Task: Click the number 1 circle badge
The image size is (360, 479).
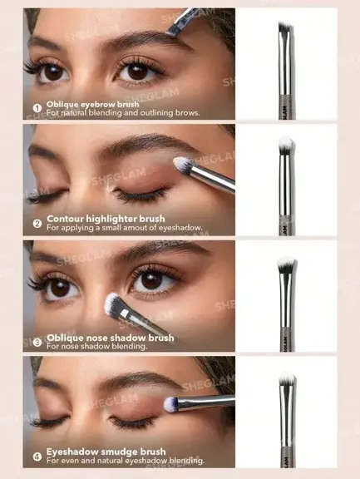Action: (37, 108)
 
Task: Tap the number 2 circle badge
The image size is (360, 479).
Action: (37, 224)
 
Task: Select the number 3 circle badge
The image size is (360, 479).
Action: (37, 342)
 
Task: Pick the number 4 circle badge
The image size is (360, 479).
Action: (37, 457)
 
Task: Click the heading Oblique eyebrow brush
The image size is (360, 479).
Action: (93, 105)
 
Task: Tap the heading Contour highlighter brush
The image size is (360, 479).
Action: (106, 219)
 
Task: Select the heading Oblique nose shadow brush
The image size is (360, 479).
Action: (111, 338)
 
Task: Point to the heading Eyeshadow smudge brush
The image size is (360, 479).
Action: (106, 452)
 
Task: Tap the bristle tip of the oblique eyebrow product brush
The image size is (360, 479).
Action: (286, 27)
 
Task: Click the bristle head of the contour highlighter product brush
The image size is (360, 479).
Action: (286, 144)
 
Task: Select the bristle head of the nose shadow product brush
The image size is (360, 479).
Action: (287, 264)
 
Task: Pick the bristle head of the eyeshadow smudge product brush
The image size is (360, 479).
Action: (287, 380)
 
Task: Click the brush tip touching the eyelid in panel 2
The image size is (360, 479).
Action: (182, 165)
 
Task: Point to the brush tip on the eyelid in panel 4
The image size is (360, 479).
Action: (170, 404)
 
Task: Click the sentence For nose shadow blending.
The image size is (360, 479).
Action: (96, 347)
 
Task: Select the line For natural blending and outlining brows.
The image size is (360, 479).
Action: (123, 113)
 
